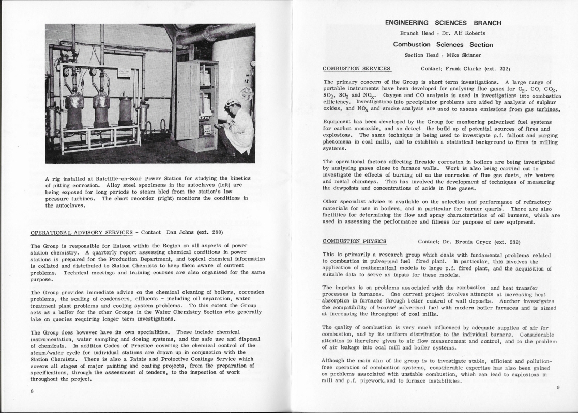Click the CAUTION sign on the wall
125,72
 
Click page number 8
32,391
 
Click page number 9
558,387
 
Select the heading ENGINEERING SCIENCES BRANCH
443,23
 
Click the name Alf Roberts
468,33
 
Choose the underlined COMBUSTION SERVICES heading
357,68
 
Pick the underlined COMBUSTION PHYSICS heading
355,241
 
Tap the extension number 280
216,232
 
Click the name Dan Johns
178,232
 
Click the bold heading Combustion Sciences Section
443,45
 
